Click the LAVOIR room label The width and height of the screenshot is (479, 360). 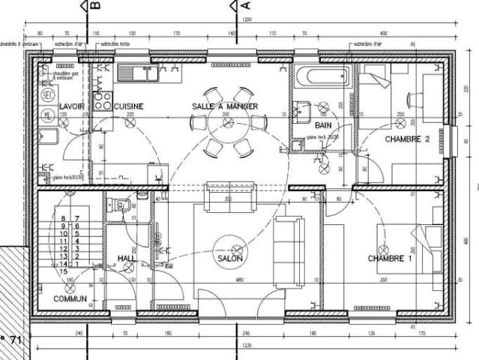tap(72, 107)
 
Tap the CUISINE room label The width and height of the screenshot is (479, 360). tap(128, 107)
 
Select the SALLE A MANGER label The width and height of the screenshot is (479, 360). tap(225, 107)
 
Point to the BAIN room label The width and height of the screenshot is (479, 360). tap(323, 125)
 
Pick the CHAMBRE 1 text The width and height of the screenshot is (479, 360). tap(390, 259)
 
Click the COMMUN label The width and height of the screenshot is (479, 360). tap(70, 298)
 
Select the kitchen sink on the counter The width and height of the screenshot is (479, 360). tap(137, 73)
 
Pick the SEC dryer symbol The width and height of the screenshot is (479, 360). tap(47, 94)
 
